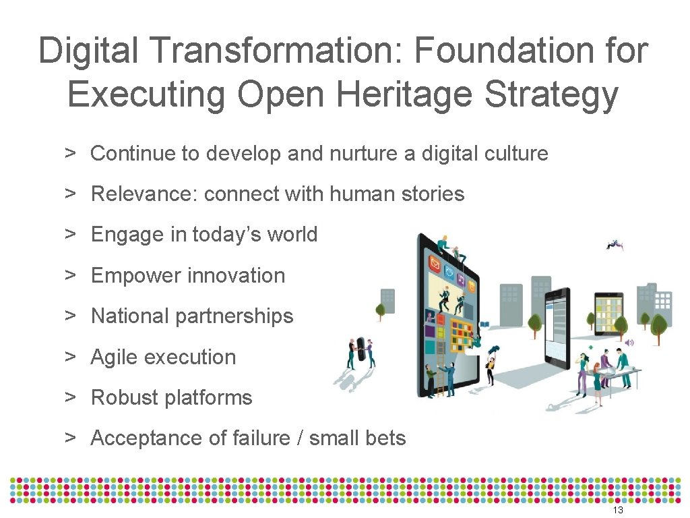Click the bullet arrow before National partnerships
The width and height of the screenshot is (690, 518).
(x=69, y=316)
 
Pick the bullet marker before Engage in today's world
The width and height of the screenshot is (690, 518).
(x=69, y=234)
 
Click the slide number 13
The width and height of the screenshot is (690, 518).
(x=617, y=511)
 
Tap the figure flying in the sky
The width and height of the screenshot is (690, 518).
(x=613, y=245)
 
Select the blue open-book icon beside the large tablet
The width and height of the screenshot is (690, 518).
(x=484, y=325)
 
